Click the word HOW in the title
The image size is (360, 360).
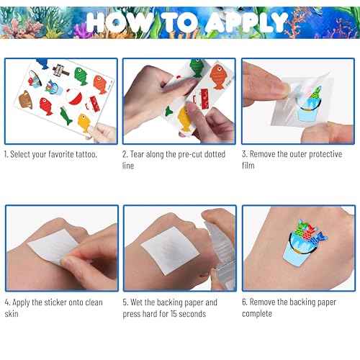point(123,22)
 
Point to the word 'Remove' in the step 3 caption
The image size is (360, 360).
point(268,155)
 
